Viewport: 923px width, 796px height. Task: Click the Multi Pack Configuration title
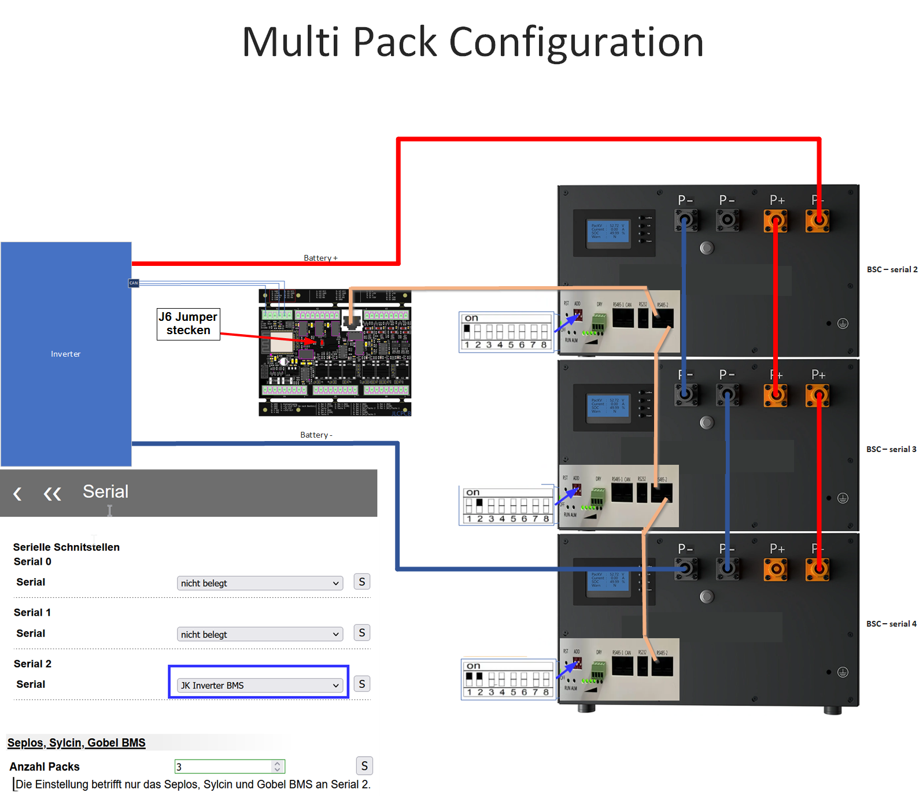click(472, 42)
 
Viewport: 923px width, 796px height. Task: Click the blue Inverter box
click(66, 354)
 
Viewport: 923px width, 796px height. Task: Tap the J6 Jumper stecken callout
click(188, 324)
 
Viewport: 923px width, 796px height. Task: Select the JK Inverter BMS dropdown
click(259, 685)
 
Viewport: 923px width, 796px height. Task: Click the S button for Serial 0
click(361, 582)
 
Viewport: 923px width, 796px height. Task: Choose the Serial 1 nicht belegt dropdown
click(259, 634)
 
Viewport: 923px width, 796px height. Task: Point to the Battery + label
click(320, 258)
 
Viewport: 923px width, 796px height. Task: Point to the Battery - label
click(316, 435)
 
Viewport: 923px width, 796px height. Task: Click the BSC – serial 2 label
click(891, 269)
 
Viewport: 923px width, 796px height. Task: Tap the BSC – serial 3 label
click(891, 449)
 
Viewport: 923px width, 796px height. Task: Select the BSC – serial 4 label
click(891, 624)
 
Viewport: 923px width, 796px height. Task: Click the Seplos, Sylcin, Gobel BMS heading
click(76, 743)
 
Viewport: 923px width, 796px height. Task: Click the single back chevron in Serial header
click(17, 494)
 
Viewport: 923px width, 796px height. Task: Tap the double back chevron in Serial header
click(52, 494)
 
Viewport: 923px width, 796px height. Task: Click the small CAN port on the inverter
click(134, 283)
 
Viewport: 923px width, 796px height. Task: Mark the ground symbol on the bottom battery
click(843, 672)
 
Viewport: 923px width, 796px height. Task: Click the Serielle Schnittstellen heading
click(67, 547)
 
